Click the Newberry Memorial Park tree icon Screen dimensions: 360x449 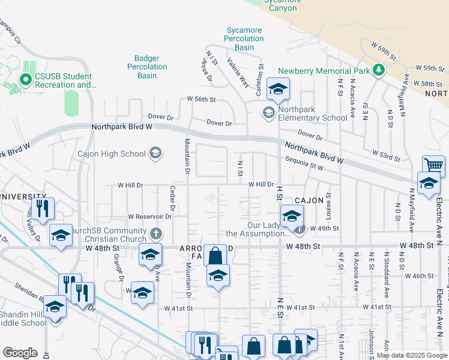point(378,70)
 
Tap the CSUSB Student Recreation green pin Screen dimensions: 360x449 point(26,79)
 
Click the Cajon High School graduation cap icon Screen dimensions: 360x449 point(156,153)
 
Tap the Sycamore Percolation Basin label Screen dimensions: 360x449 point(245,38)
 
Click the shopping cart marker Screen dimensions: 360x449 point(433,165)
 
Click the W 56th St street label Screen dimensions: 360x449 point(200,98)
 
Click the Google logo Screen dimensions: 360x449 point(20,352)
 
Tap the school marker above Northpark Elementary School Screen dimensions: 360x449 point(278,90)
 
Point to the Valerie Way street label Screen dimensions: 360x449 point(238,71)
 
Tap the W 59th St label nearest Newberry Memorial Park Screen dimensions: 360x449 point(385,52)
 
